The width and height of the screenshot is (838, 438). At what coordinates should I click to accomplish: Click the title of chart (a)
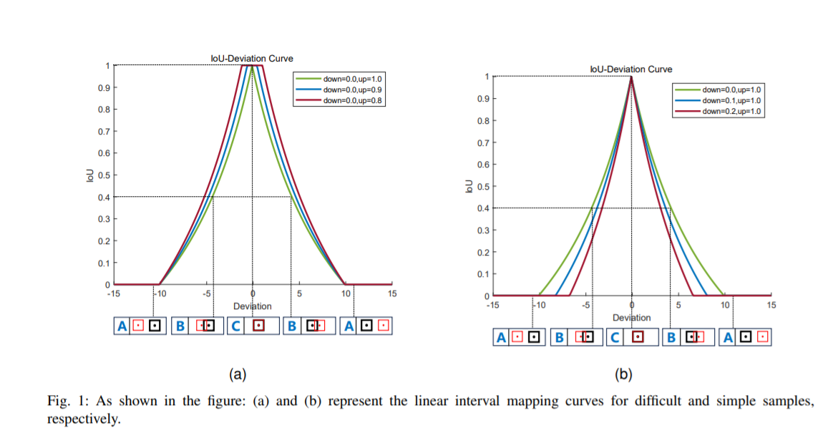click(x=252, y=59)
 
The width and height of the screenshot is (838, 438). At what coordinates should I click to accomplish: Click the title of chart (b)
click(x=631, y=69)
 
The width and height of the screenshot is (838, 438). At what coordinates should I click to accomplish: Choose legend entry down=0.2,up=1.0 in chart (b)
click(x=732, y=112)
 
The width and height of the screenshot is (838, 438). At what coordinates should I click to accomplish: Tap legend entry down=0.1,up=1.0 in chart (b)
click(x=732, y=101)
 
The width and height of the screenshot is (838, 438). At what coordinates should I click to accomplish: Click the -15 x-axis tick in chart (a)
click(x=114, y=293)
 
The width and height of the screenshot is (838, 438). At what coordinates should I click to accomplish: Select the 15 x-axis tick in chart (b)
click(x=771, y=305)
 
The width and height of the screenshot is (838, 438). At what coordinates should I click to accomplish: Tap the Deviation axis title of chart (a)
click(x=252, y=306)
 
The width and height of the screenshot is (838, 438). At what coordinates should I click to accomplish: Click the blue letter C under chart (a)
click(x=237, y=326)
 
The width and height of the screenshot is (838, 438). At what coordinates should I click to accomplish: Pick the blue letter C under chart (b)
click(x=616, y=337)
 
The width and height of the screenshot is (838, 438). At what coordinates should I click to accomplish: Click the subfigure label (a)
click(x=237, y=374)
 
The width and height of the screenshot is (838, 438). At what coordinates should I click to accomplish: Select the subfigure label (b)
click(x=624, y=374)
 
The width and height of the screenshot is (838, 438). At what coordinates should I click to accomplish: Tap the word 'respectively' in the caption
click(x=82, y=418)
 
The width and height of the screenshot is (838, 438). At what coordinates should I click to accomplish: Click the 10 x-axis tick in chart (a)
click(x=346, y=293)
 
